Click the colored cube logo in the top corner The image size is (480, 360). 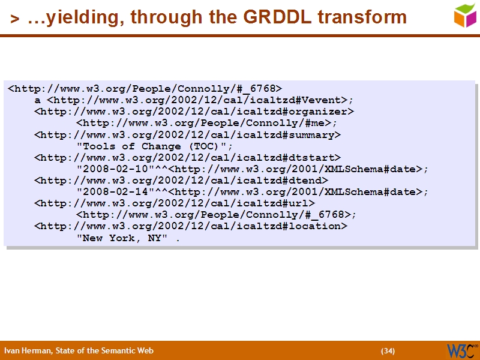466,15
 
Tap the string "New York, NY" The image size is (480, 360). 126,238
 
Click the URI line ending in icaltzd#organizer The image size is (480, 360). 194,112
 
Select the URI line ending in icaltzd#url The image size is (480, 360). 175,203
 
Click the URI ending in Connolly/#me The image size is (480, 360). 206,123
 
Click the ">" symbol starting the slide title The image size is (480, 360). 14,19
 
